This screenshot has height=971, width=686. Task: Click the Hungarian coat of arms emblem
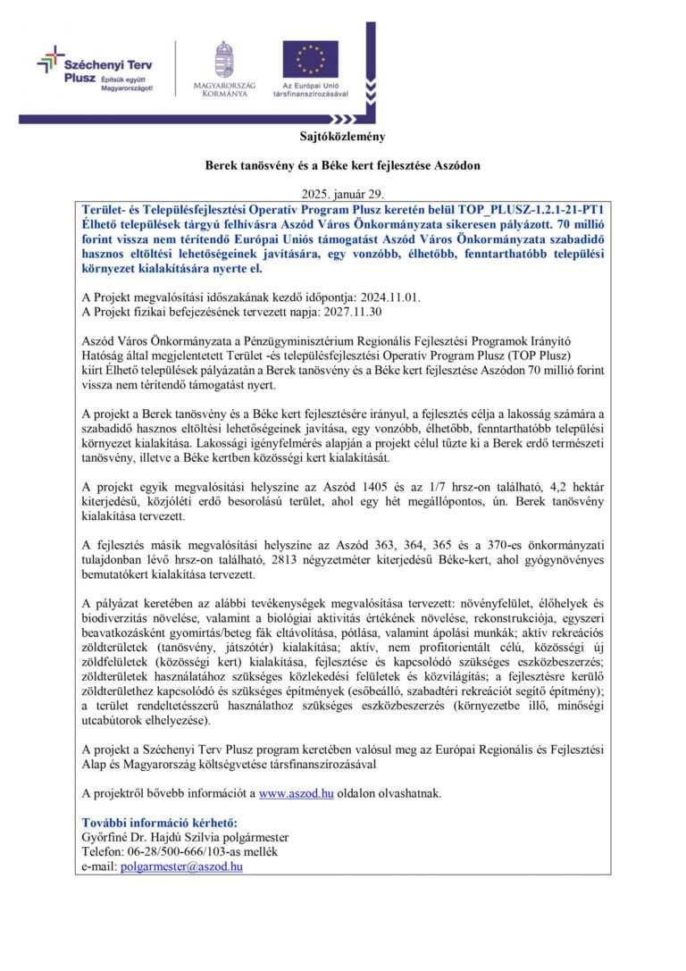coord(224,58)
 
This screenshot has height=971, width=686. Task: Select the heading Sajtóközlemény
coord(342,137)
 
